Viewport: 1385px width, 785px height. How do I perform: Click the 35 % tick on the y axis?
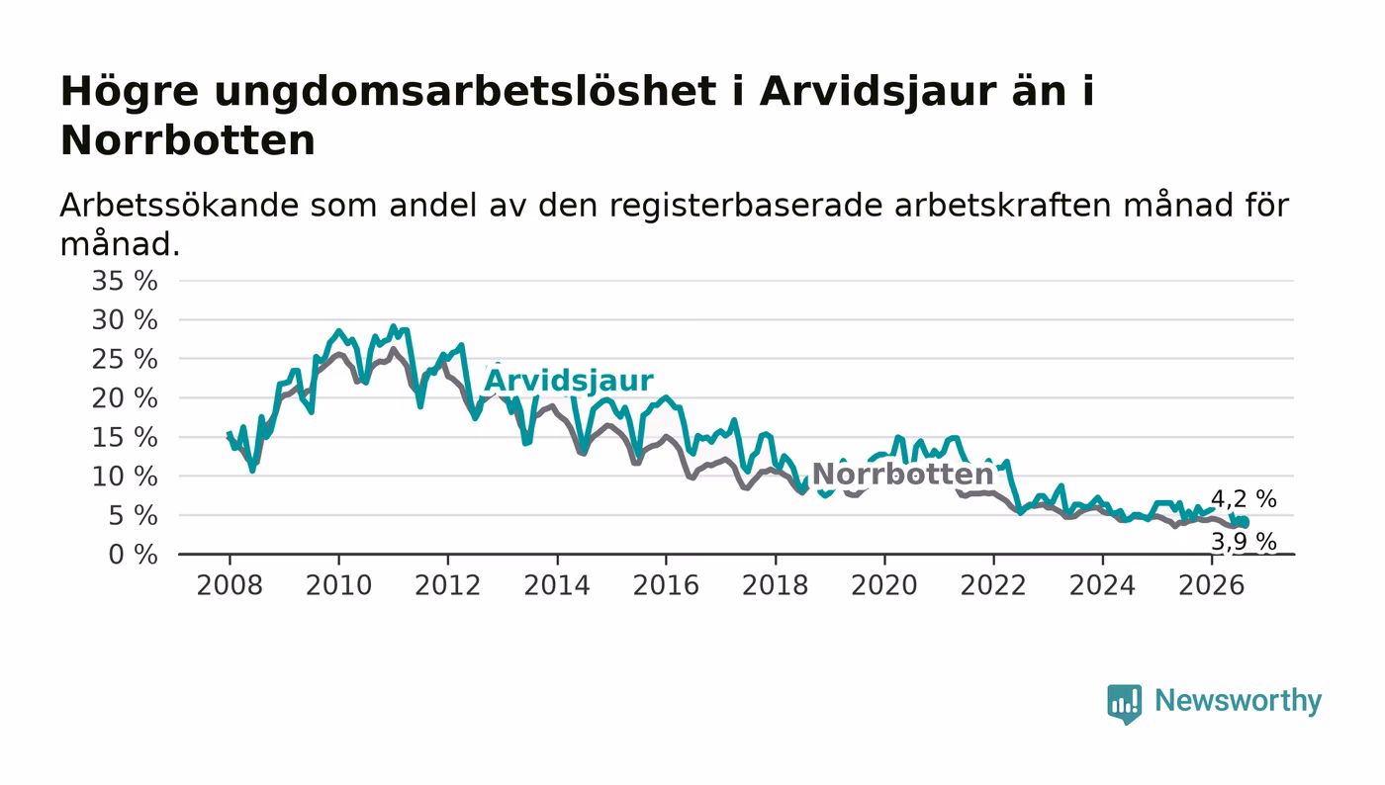click(x=125, y=281)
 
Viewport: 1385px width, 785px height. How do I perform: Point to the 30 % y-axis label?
click(x=125, y=320)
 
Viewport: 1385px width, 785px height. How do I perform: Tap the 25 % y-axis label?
click(x=125, y=359)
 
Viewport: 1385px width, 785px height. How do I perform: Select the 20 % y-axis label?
click(x=125, y=398)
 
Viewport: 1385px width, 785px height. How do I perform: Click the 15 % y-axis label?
click(x=125, y=438)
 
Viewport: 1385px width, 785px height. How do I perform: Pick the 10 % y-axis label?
click(x=125, y=477)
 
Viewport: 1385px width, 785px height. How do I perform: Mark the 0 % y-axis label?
click(x=133, y=555)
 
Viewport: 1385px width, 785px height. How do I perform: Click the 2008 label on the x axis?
click(x=230, y=585)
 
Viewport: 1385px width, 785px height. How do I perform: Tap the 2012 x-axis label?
click(x=447, y=585)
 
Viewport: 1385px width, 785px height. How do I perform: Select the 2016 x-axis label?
click(x=666, y=585)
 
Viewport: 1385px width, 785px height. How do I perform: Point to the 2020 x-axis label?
click(x=884, y=585)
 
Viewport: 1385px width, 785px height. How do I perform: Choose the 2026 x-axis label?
click(x=1211, y=585)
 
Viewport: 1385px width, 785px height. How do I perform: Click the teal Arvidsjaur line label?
click(x=569, y=381)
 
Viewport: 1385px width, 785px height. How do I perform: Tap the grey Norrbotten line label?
click(x=902, y=475)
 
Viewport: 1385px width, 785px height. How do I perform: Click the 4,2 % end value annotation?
click(x=1244, y=498)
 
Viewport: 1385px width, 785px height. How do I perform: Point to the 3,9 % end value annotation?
click(x=1244, y=542)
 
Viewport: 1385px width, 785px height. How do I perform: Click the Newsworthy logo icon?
click(x=1124, y=704)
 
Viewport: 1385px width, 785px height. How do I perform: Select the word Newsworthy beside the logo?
click(x=1239, y=701)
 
